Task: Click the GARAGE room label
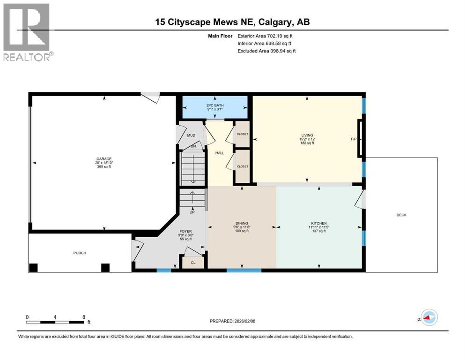tap(104, 159)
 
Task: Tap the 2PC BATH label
tap(215, 105)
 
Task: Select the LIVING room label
tap(307, 135)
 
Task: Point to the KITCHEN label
tap(319, 223)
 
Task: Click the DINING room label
tap(242, 223)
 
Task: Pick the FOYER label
tap(185, 231)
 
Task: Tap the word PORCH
tap(80, 253)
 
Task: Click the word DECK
tap(401, 215)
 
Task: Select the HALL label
tap(220, 153)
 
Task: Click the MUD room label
tap(191, 135)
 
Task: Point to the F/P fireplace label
tap(354, 139)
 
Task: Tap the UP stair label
tap(192, 212)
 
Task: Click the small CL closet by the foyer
tap(193, 262)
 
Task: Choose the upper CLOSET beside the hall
tap(242, 134)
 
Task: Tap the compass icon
tap(429, 317)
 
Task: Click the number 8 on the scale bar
tap(84, 317)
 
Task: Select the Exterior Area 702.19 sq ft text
tap(265, 36)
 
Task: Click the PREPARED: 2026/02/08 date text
tap(232, 321)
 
